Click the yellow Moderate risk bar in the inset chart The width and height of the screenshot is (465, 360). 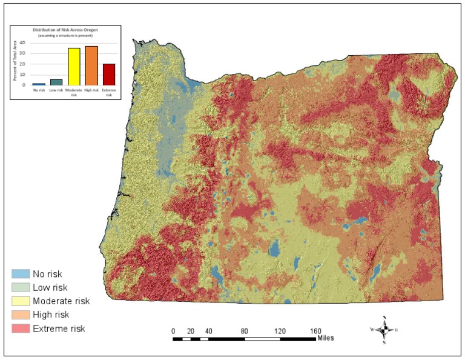(x=74, y=66)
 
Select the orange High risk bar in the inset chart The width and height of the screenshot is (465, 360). (x=91, y=65)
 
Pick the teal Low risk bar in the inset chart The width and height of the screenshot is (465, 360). (x=56, y=82)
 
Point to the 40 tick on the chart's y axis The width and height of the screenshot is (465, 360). (x=22, y=43)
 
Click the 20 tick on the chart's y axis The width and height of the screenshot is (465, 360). (x=22, y=64)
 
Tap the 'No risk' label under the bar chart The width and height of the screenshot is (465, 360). (x=39, y=91)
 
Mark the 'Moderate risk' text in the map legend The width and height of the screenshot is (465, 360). (x=61, y=301)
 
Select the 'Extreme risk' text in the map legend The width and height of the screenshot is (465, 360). (x=59, y=328)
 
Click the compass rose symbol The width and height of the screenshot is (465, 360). (x=384, y=330)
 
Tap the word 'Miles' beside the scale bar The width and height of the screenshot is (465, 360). (x=325, y=338)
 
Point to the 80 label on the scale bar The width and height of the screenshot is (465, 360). (x=245, y=331)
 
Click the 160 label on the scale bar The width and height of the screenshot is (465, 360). (x=315, y=331)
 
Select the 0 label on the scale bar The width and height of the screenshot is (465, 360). (x=174, y=331)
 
